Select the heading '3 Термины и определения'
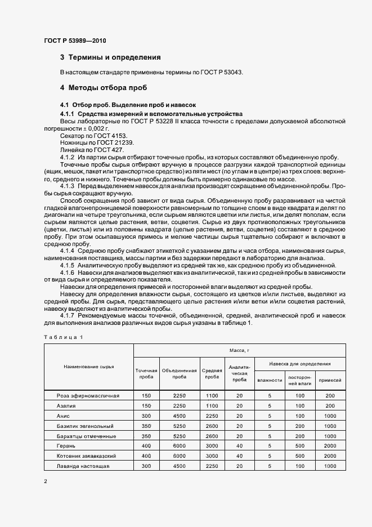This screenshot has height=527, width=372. tap(110, 57)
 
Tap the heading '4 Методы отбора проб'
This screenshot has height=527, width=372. tap(104, 88)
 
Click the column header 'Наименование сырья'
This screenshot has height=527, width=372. tap(89, 366)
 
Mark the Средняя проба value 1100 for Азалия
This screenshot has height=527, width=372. tap(212, 406)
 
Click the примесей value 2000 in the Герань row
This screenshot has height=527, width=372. tap(330, 446)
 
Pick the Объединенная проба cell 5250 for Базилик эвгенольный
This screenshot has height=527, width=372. tap(179, 426)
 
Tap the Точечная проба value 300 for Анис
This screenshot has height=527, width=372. tap(146, 416)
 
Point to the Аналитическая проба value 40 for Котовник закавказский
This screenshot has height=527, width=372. tap(239, 456)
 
